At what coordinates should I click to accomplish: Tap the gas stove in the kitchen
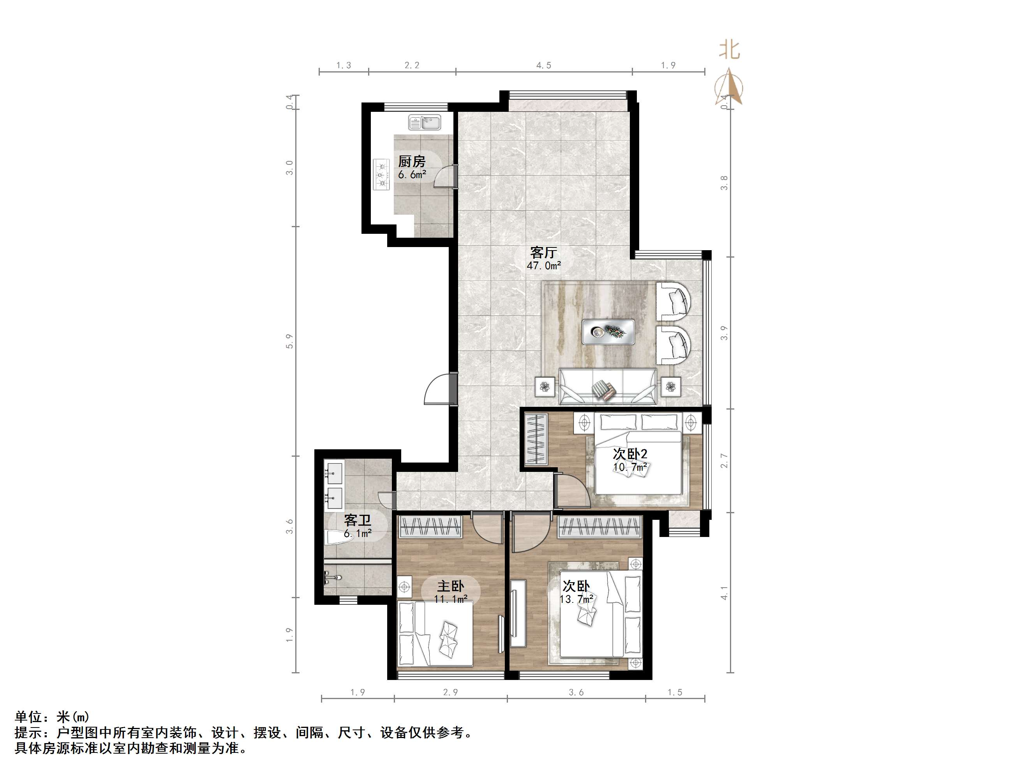[x=382, y=175]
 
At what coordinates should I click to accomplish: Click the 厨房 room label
[x=412, y=161]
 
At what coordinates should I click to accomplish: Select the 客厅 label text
[x=544, y=253]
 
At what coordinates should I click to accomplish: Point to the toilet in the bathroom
[x=338, y=537]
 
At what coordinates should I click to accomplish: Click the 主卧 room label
[x=451, y=586]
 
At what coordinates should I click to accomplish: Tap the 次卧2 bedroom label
[x=630, y=454]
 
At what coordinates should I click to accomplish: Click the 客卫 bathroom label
[x=358, y=520]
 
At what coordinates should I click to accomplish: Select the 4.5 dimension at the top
[x=544, y=65]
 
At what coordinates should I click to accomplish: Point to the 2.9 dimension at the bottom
[x=450, y=692]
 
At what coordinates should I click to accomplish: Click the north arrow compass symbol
[x=730, y=87]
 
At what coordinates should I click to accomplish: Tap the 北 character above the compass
[x=729, y=49]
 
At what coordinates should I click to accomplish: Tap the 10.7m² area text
[x=630, y=467]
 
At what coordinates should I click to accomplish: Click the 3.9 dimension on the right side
[x=724, y=333]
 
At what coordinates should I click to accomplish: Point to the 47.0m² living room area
[x=544, y=266]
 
